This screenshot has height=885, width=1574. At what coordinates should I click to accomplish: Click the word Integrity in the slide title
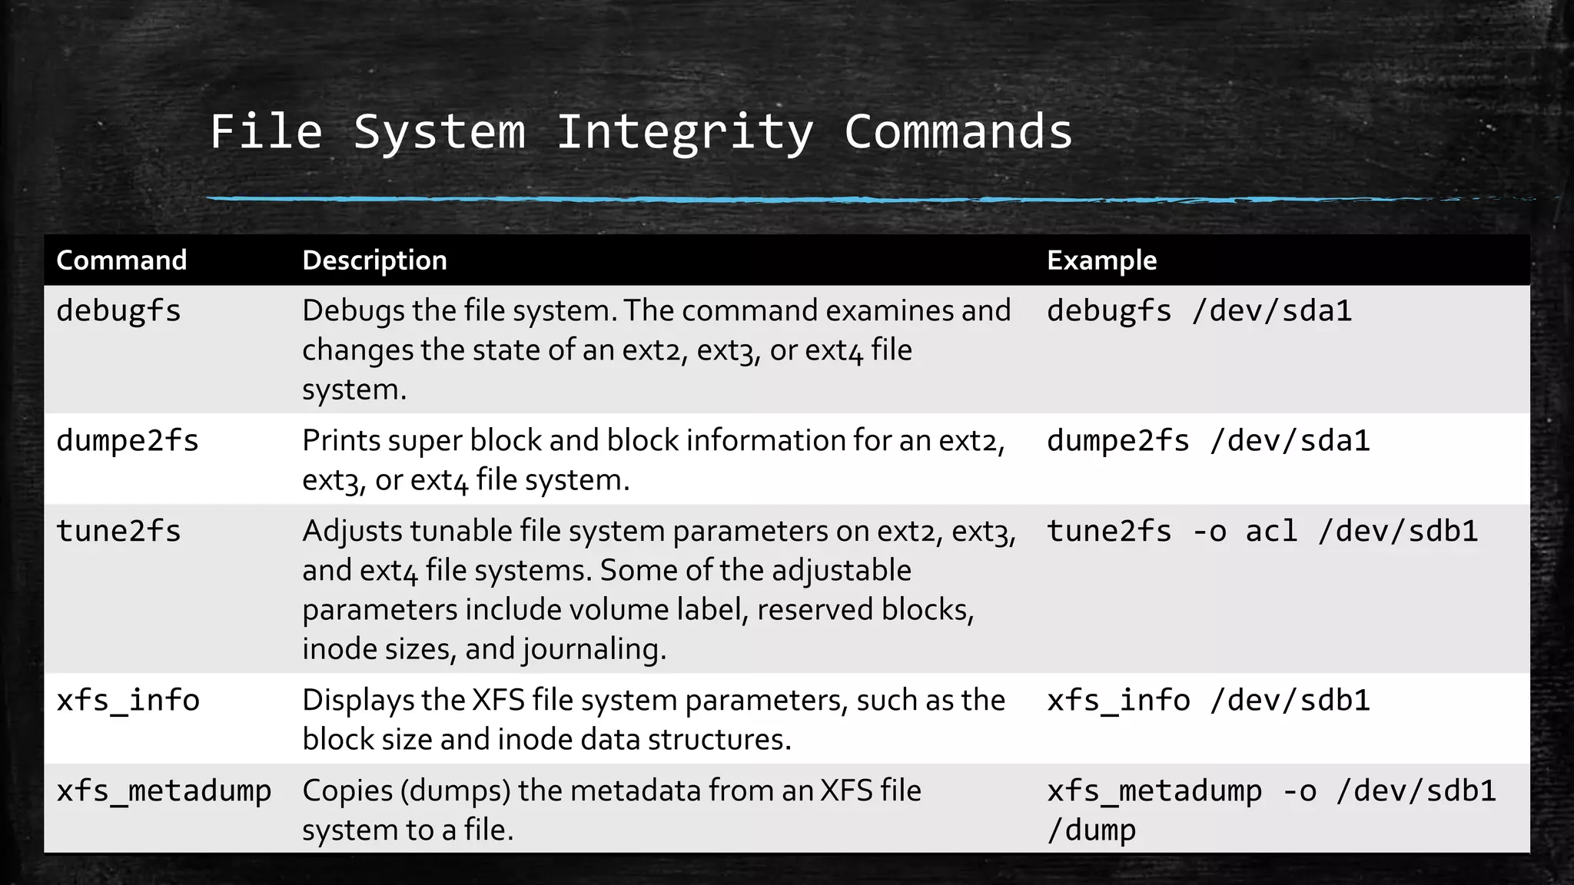[684, 132]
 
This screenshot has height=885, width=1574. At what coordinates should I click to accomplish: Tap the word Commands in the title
[958, 132]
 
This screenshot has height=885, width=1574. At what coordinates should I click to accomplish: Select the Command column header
[121, 260]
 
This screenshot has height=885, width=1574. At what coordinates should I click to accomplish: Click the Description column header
[374, 260]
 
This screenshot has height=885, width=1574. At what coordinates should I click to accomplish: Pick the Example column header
[1101, 260]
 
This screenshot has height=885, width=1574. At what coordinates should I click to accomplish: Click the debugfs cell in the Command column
[118, 311]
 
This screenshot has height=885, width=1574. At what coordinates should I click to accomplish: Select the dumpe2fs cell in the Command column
[128, 441]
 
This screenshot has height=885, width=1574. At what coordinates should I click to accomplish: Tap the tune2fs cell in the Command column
[118, 532]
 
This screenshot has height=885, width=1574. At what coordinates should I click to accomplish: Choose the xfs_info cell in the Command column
[128, 701]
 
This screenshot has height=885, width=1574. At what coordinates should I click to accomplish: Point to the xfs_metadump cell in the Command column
[164, 791]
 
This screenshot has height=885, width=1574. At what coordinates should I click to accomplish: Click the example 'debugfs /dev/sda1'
[1199, 311]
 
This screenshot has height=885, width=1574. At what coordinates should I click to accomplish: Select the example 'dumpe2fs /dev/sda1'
[1208, 441]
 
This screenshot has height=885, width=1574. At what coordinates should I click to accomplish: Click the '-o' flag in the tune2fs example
[1208, 532]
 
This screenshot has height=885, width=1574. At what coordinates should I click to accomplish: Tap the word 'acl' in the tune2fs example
[1271, 532]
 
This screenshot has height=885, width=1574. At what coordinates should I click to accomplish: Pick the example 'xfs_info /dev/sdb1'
[1208, 701]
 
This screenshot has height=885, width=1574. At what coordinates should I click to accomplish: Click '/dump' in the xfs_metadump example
[1091, 830]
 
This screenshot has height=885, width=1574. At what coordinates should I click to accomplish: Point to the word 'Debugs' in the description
[353, 311]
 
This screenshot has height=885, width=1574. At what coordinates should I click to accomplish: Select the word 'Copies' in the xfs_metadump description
[347, 791]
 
